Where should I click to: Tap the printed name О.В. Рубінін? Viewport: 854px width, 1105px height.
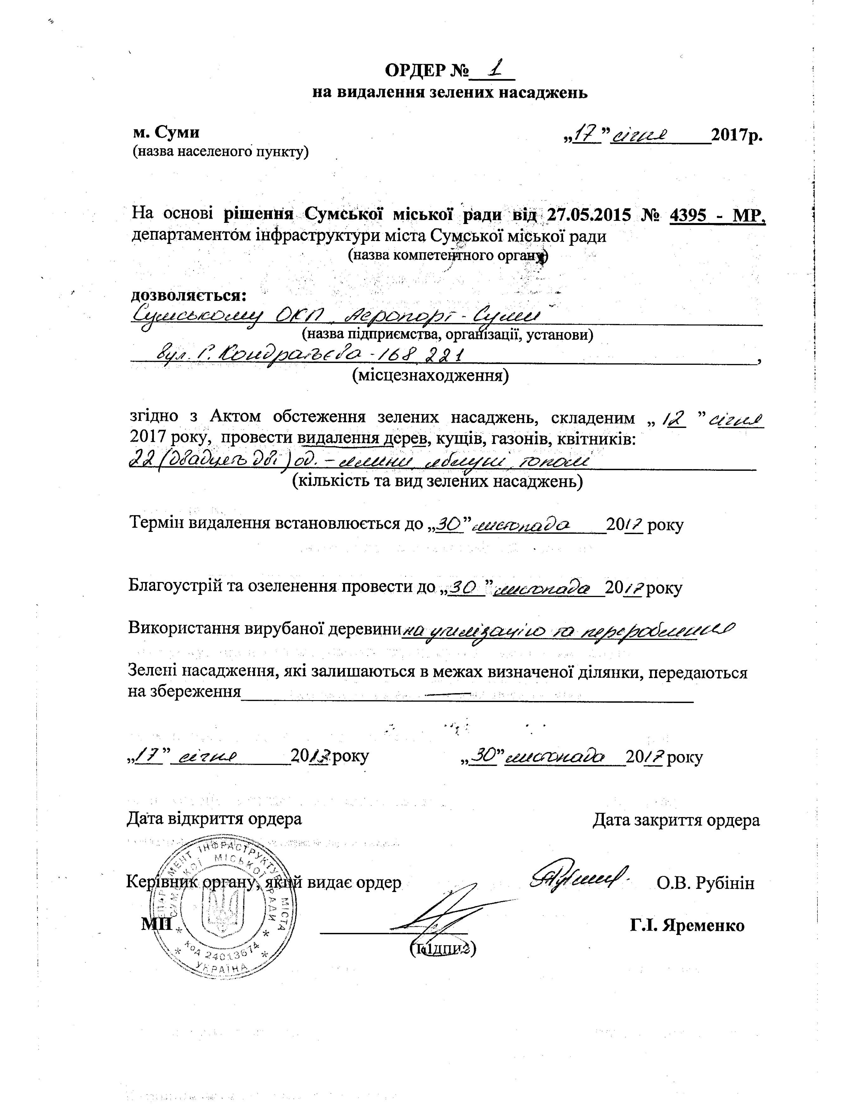[705, 883]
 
